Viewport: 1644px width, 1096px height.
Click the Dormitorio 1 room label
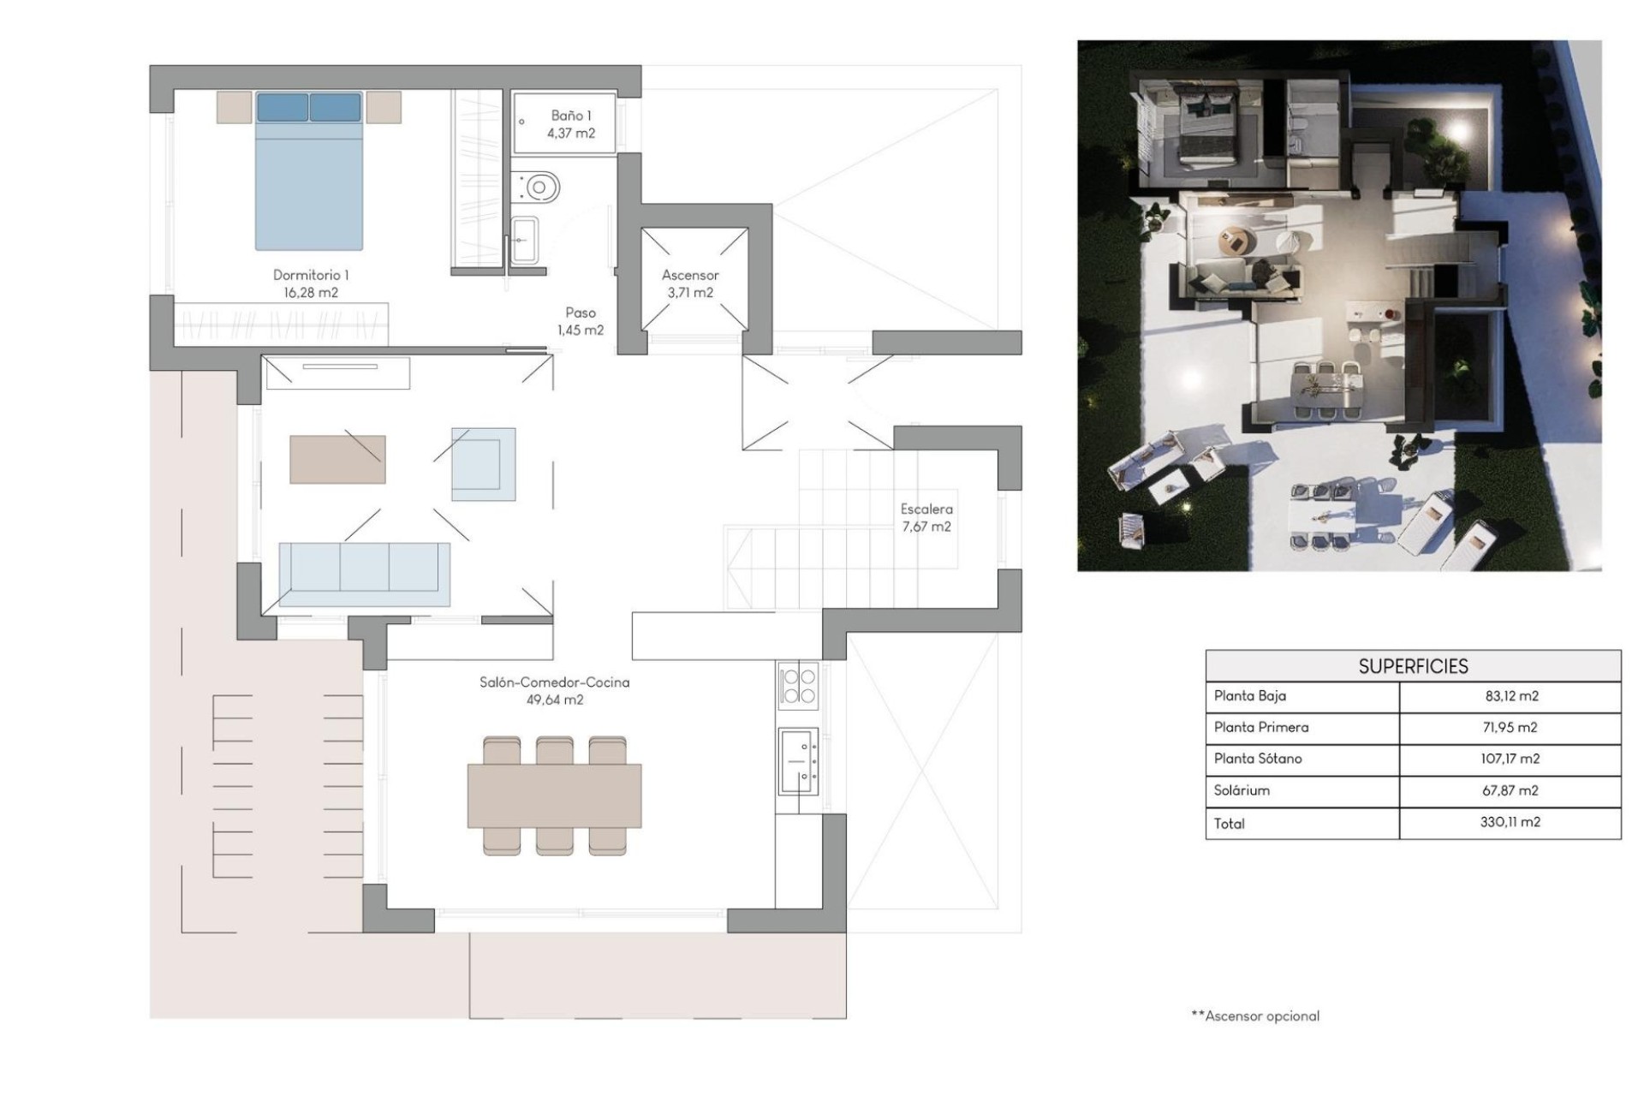pyautogui.click(x=310, y=276)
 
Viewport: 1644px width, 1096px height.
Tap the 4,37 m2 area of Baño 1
pyautogui.click(x=571, y=134)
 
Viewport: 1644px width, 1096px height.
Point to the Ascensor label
pyautogui.click(x=690, y=276)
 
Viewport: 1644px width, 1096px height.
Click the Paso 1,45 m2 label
pyautogui.click(x=581, y=321)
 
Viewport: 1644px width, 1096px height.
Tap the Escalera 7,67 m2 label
pyautogui.click(x=926, y=518)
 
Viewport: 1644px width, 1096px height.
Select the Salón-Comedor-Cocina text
pyautogui.click(x=554, y=682)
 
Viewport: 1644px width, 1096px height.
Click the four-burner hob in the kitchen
pyautogui.click(x=798, y=685)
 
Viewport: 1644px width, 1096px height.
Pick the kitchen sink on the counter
pyautogui.click(x=798, y=760)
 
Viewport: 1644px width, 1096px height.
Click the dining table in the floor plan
pyautogui.click(x=554, y=795)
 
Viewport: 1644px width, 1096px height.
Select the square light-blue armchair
pyautogui.click(x=483, y=463)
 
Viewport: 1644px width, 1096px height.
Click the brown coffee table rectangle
pyautogui.click(x=337, y=459)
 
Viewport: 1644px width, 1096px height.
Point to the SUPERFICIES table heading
pyautogui.click(x=1413, y=666)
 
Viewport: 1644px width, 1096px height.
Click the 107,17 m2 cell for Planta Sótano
pyautogui.click(x=1511, y=759)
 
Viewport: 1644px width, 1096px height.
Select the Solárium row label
pyautogui.click(x=1242, y=790)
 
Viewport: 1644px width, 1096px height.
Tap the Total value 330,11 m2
pyautogui.click(x=1511, y=822)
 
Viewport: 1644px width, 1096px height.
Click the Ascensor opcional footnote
pyautogui.click(x=1255, y=1016)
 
